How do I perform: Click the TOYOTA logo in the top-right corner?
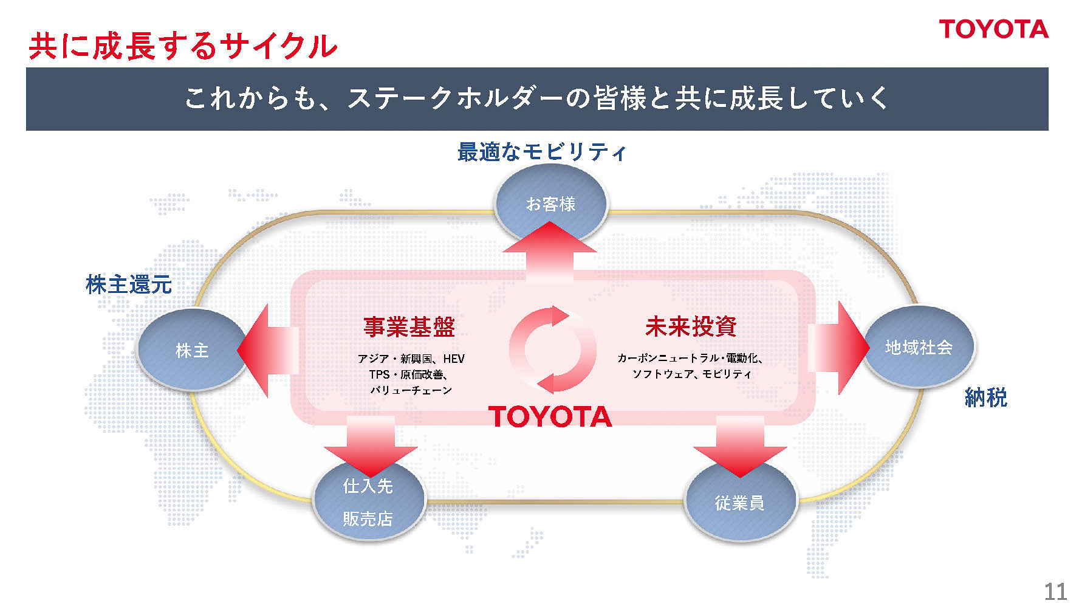coord(993,29)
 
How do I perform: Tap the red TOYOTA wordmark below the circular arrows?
coord(550,417)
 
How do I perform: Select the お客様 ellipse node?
coord(551,203)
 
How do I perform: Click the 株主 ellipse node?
coord(191,350)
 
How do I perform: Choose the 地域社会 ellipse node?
coord(919,347)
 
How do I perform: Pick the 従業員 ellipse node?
coord(739,503)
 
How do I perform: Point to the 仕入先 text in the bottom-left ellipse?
coord(368,486)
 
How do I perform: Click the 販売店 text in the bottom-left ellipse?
coord(368,518)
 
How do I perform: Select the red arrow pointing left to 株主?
coord(267,351)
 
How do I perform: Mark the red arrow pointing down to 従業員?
coord(740,447)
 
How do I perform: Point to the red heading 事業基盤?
coord(409,327)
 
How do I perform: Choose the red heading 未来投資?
coord(691,326)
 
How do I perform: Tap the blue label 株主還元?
coord(129,284)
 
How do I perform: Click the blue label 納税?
coord(985,397)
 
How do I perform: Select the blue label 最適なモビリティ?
coord(541,152)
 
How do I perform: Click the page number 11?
coord(1055,591)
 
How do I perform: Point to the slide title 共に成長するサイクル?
coord(183,46)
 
